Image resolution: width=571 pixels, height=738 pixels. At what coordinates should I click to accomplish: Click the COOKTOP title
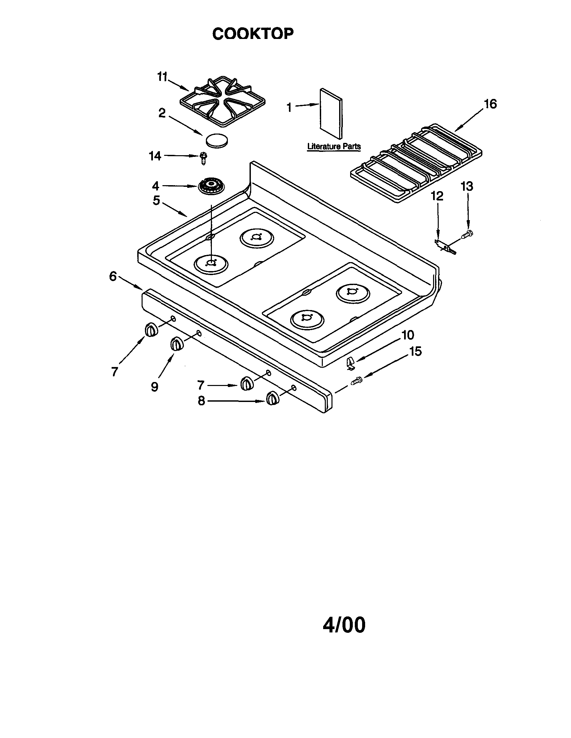tap(253, 34)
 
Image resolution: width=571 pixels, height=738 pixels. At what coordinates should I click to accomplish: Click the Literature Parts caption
tap(334, 147)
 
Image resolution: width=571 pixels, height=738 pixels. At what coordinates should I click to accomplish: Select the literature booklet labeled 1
tap(330, 114)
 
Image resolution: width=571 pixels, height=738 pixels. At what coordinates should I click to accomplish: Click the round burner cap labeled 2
tap(217, 140)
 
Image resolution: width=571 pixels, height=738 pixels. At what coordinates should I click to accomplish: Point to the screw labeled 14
tap(203, 158)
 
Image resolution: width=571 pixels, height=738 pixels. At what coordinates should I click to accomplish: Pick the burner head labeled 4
tap(211, 186)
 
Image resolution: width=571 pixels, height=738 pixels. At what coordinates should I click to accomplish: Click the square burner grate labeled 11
tap(223, 101)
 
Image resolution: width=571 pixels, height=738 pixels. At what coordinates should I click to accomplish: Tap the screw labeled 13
tap(468, 233)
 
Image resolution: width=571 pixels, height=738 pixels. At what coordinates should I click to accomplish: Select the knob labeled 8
tap(273, 398)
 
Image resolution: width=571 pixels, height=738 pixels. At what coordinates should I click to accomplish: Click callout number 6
tap(113, 276)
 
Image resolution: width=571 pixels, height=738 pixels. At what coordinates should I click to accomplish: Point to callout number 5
tap(156, 200)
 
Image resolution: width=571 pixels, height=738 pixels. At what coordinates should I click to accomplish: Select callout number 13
tap(467, 186)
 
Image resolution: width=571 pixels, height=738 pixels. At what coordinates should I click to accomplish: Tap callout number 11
tap(162, 77)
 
